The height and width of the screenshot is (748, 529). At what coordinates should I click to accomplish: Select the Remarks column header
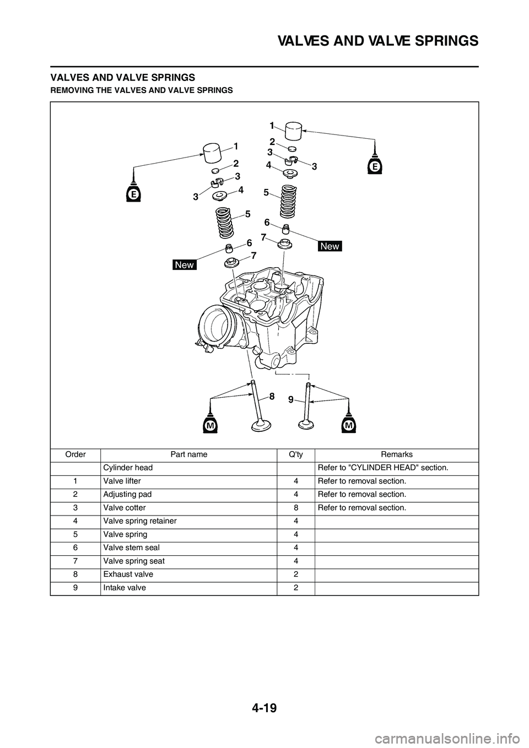(x=397, y=454)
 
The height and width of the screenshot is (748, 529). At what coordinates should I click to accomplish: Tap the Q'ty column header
(x=296, y=454)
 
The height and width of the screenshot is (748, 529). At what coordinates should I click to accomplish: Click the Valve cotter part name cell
(x=125, y=508)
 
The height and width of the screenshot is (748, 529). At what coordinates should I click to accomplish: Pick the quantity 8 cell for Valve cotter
(x=296, y=508)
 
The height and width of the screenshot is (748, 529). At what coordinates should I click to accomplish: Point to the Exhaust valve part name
(x=128, y=574)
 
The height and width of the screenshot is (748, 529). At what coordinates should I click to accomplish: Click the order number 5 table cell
(x=75, y=535)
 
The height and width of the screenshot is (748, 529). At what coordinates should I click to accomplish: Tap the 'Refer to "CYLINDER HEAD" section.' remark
(x=383, y=468)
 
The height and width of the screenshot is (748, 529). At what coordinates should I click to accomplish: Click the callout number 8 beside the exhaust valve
(x=272, y=397)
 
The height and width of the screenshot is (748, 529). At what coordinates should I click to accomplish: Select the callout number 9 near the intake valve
(x=291, y=399)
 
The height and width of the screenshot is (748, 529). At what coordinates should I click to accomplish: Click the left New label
(x=185, y=265)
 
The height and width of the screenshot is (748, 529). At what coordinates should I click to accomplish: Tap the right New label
(x=330, y=246)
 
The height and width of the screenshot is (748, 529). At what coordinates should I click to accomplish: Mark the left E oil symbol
(x=133, y=192)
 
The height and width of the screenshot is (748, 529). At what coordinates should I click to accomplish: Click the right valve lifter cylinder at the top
(x=293, y=131)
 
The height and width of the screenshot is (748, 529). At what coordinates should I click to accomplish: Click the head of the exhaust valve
(x=261, y=426)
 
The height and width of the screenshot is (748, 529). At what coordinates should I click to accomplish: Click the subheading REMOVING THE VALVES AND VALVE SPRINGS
(x=142, y=90)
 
